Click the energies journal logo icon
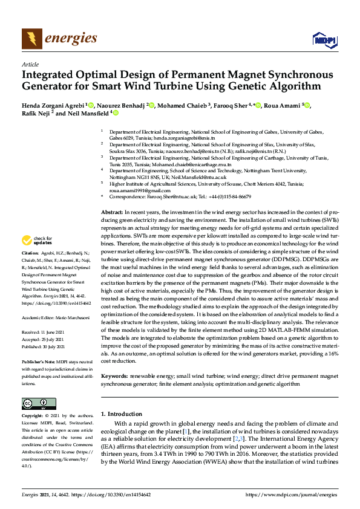click(x=31, y=39)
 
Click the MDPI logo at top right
click(x=324, y=40)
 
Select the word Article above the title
click(x=30, y=64)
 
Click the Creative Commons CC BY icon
click(x=34, y=404)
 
